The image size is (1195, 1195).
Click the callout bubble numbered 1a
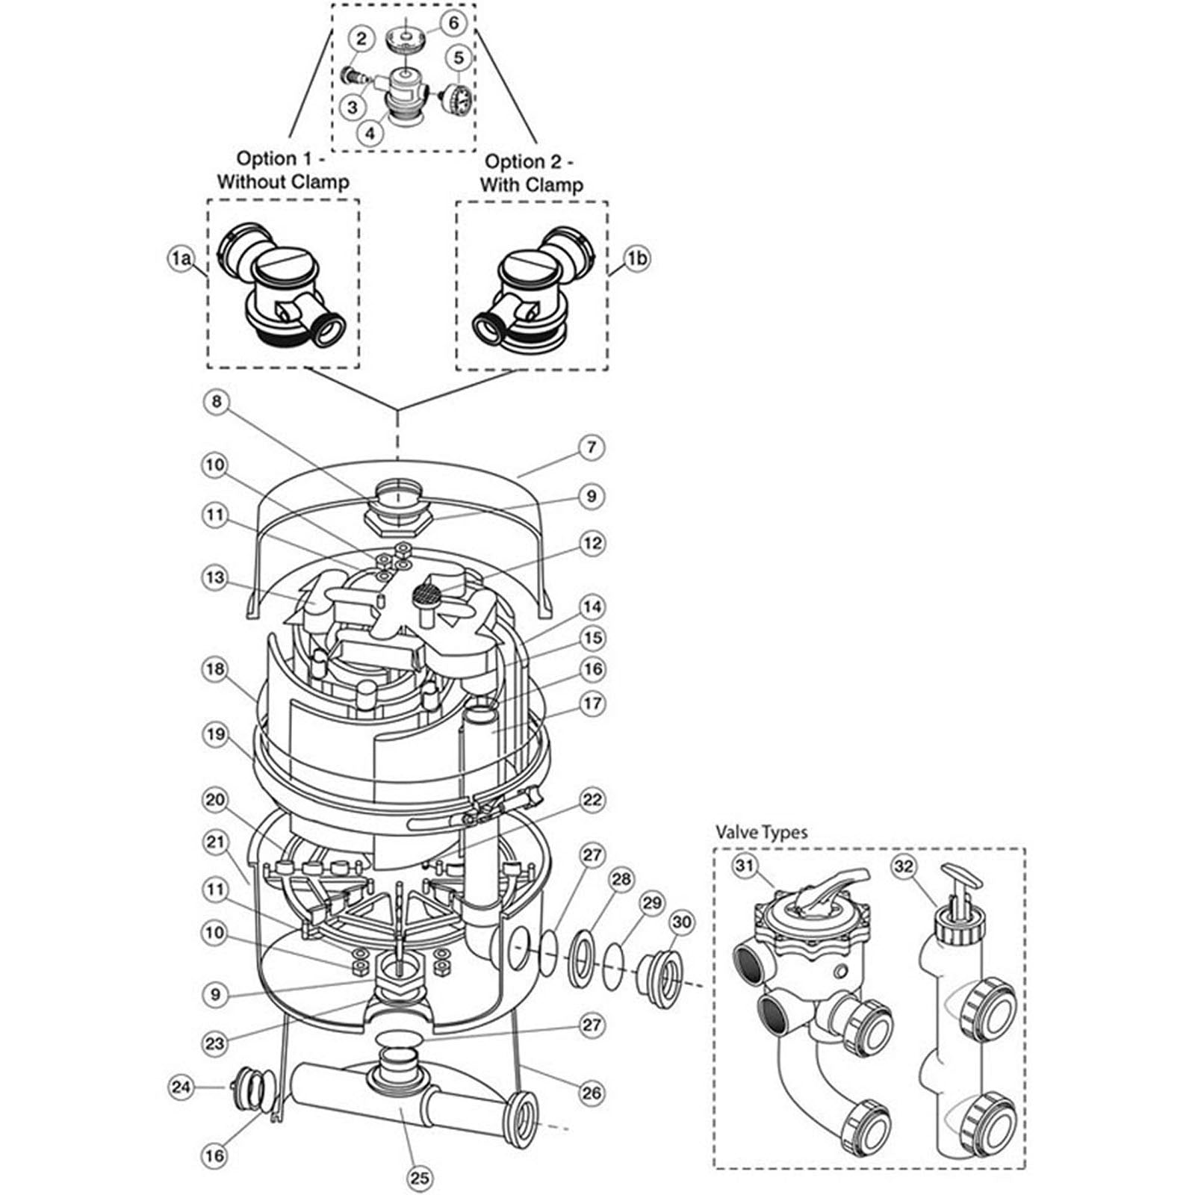click(x=179, y=259)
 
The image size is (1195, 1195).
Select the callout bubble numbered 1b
click(x=637, y=259)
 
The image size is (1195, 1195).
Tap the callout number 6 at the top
click(x=453, y=22)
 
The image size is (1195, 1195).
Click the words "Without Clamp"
click(x=283, y=181)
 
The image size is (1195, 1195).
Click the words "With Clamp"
click(x=531, y=184)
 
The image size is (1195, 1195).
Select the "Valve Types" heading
click(x=761, y=832)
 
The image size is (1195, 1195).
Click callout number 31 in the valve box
click(x=745, y=866)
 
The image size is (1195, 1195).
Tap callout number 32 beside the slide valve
click(x=904, y=866)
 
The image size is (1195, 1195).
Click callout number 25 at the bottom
click(x=420, y=1178)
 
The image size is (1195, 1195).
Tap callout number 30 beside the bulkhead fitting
click(x=682, y=922)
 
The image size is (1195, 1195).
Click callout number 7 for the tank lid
click(x=592, y=447)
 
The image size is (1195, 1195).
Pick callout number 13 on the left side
click(x=214, y=577)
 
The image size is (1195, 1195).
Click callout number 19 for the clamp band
click(x=215, y=734)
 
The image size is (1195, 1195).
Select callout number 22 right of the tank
click(x=592, y=800)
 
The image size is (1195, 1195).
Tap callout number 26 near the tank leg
click(x=592, y=1093)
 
